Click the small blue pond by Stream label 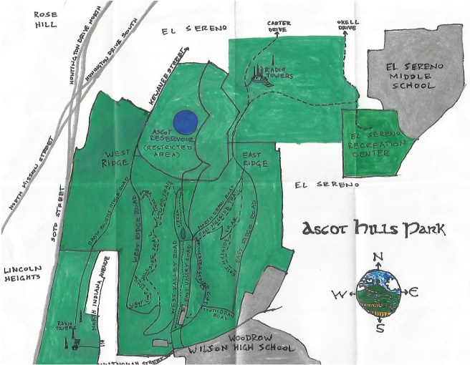click(x=183, y=233)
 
